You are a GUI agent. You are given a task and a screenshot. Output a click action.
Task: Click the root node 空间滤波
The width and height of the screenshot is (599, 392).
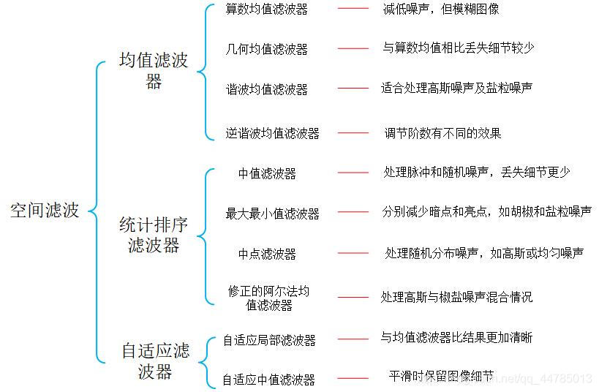coord(45,211)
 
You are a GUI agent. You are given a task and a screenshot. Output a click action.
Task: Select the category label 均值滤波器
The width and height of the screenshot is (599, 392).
coord(154,70)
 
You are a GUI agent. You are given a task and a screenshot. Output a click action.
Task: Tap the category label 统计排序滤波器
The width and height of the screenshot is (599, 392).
coord(154,235)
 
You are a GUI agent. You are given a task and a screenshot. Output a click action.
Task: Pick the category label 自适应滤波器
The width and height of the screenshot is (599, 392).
coord(155,361)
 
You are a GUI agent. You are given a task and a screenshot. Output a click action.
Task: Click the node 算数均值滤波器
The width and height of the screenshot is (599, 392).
coord(267,10)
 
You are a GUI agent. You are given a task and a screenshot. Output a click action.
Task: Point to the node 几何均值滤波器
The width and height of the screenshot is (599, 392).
coord(267,49)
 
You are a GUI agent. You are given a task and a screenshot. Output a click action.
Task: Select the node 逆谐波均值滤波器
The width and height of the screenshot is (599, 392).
coord(272,133)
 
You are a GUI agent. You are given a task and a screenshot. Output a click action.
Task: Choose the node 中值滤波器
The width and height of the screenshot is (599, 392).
coord(267,173)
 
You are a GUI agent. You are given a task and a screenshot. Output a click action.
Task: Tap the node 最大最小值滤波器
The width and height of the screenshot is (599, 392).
coord(272,214)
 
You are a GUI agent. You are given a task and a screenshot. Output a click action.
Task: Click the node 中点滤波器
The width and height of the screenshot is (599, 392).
coord(267,254)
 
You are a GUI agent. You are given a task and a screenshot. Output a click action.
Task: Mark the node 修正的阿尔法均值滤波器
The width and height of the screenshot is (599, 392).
coord(268,298)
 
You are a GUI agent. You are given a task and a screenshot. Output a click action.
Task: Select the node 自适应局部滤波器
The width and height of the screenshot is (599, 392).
coord(269,340)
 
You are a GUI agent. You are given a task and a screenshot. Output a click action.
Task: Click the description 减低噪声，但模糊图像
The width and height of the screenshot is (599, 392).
coord(440,10)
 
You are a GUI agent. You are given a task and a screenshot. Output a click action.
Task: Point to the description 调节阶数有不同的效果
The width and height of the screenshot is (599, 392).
coord(442,133)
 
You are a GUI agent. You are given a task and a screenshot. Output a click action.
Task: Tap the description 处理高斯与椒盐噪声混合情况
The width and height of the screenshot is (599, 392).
coord(456,297)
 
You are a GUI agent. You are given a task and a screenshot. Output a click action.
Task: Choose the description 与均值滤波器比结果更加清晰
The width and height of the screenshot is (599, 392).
coord(456,338)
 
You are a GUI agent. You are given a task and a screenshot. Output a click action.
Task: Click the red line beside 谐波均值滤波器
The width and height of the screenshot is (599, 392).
coord(353,88)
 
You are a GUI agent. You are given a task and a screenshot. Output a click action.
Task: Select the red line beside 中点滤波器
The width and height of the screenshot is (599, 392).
coord(353,254)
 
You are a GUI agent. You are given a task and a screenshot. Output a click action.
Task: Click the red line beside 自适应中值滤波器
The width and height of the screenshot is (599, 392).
coord(353,379)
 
